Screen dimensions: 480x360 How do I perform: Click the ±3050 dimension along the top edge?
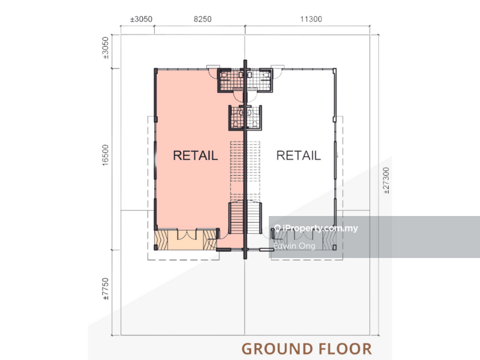[141, 19]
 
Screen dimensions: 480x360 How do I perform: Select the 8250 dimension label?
[203, 19]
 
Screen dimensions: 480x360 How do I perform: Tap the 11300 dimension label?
[311, 19]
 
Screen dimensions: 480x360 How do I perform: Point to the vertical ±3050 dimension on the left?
[106, 48]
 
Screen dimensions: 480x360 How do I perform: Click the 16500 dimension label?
[106, 155]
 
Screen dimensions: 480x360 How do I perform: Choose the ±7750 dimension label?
[106, 289]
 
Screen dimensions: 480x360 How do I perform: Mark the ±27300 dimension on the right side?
[386, 181]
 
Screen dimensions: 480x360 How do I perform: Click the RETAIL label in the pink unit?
[196, 155]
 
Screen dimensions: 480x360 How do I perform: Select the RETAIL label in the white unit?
[298, 155]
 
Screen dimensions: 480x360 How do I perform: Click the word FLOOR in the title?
[346, 349]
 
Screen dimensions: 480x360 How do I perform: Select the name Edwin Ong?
[294, 246]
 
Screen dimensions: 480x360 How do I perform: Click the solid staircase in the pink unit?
[236, 218]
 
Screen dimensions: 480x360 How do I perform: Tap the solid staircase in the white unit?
[254, 218]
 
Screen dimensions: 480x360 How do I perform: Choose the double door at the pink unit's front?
[187, 234]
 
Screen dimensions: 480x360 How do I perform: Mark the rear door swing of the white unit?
[278, 72]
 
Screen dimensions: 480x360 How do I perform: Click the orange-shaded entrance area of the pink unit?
[185, 240]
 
